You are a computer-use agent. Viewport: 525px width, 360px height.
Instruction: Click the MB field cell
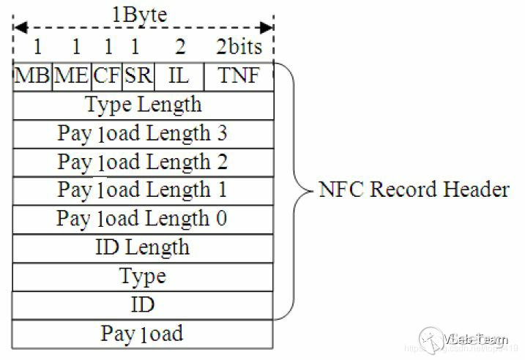pos(32,76)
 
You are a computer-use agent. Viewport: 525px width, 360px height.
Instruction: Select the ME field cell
pos(71,76)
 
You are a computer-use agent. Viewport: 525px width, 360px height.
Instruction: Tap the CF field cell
pos(106,76)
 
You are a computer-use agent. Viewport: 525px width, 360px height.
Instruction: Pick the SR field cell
pos(135,76)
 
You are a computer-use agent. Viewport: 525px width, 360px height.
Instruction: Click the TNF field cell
pos(239,76)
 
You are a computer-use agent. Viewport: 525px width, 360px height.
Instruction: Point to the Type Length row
pos(144,105)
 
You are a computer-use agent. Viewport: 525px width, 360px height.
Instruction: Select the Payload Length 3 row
pos(144,133)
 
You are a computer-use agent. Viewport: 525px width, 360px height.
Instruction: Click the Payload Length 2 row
pos(144,162)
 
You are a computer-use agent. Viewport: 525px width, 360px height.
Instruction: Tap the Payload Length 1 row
pos(144,190)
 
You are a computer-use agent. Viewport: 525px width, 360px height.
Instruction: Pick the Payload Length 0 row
pos(144,219)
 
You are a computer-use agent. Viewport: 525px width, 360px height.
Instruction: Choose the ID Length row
pos(144,247)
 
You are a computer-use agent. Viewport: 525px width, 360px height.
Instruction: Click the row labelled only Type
pos(144,277)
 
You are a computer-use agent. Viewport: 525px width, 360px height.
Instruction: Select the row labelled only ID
pos(144,304)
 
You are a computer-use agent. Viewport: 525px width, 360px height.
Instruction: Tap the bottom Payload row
pos(144,334)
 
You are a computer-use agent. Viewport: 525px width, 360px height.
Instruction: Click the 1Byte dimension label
pos(139,14)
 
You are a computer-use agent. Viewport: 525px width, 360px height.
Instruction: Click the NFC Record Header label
pos(414,190)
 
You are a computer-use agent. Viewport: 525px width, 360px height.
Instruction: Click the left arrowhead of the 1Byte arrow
pos(20,28)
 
